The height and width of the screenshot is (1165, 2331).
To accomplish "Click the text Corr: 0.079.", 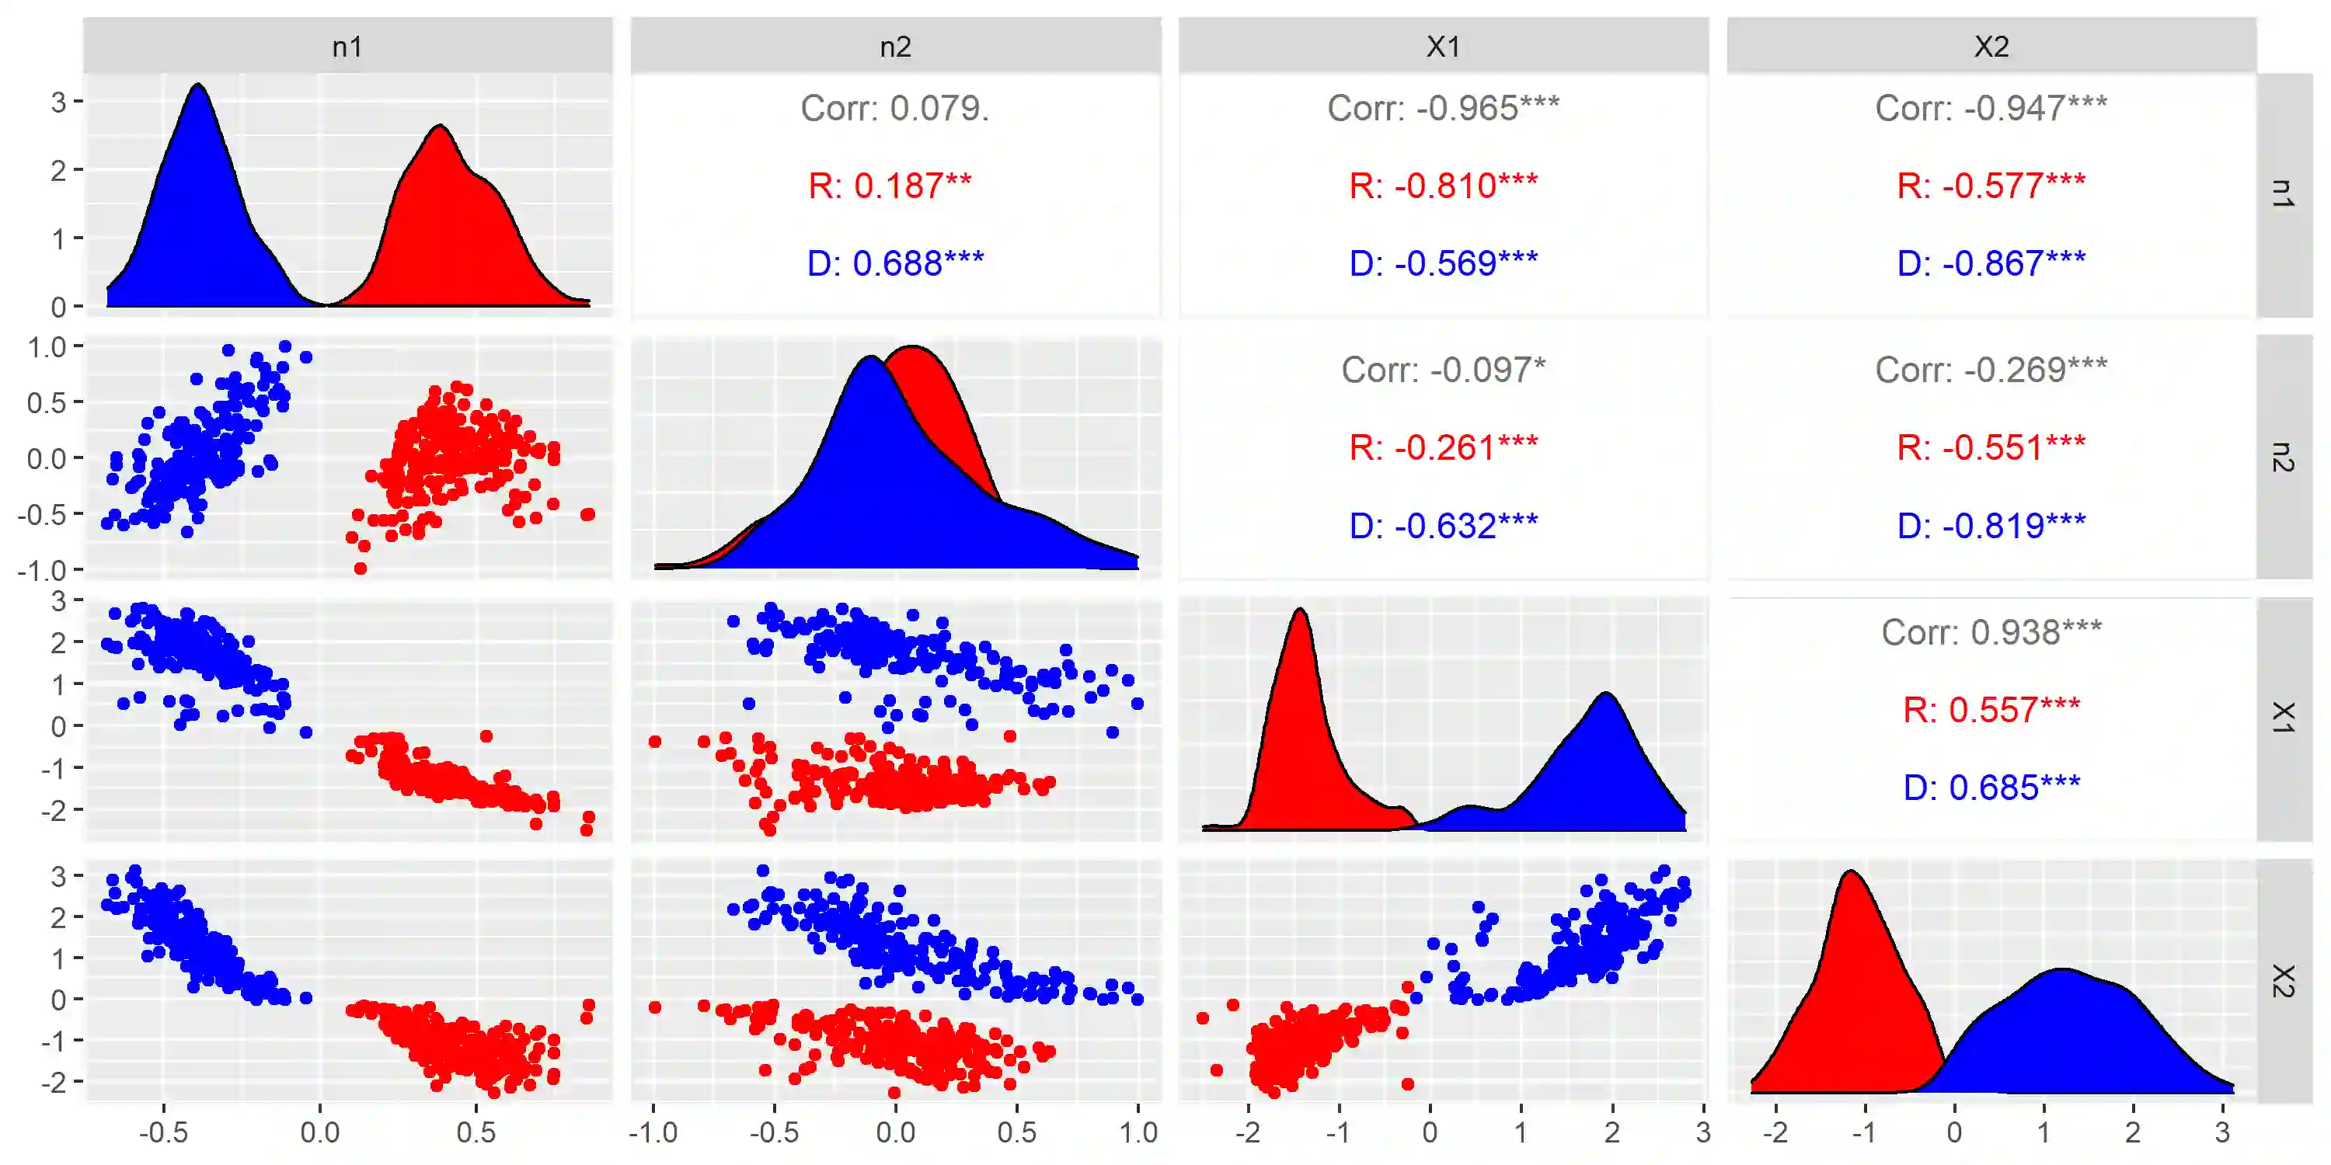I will [x=894, y=109].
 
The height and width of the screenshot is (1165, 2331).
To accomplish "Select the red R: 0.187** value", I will [x=890, y=186].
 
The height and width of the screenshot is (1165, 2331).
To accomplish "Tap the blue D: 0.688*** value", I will [x=895, y=263].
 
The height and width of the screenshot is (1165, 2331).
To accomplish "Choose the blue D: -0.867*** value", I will [x=1991, y=263].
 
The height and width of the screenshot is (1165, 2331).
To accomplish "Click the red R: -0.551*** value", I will [x=1991, y=447].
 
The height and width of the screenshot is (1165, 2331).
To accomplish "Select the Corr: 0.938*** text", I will [x=1991, y=632].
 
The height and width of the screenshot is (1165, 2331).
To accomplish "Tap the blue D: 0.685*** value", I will [x=1991, y=788].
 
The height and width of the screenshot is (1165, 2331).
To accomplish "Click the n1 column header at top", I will [x=347, y=46].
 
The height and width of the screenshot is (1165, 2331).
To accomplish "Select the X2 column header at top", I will [x=1991, y=46].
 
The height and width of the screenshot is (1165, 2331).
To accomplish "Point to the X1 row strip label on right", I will [x=2283, y=718].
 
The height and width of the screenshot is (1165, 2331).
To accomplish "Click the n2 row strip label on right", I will [x=2283, y=457].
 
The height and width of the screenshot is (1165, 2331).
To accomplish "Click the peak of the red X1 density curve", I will [x=1301, y=610].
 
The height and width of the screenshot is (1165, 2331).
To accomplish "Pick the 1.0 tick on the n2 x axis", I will [x=1138, y=1132].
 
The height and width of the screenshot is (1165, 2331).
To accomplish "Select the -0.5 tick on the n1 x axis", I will [x=164, y=1132].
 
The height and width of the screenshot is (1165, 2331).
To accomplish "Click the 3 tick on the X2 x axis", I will [x=2222, y=1132].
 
